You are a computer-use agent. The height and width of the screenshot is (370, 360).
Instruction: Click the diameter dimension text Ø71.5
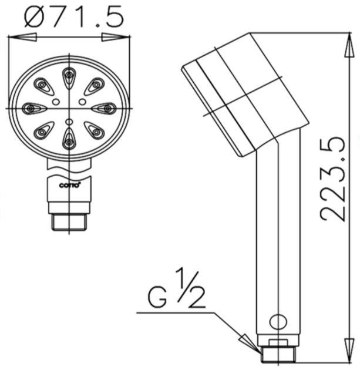pos(74,16)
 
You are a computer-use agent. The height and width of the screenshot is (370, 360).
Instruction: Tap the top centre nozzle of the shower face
pos(70,76)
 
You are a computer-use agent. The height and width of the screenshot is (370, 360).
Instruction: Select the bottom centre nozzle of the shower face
pos(70,139)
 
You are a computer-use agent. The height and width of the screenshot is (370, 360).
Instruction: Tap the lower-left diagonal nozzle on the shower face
pos(44,130)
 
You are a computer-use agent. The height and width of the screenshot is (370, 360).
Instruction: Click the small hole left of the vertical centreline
pos(56,102)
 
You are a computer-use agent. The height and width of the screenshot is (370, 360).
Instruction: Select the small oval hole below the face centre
pos(70,122)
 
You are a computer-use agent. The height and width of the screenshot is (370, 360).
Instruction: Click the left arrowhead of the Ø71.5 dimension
pos(18,37)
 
